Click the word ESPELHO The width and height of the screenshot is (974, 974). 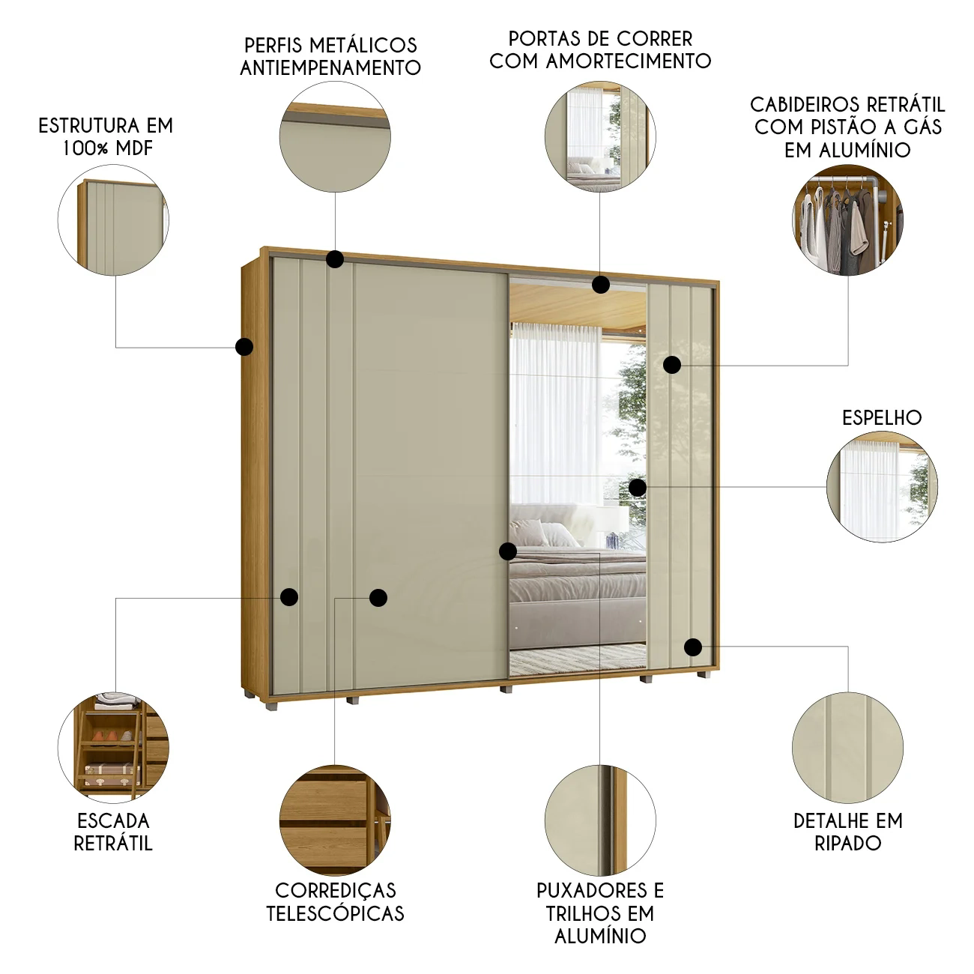882,418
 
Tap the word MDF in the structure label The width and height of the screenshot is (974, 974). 134,148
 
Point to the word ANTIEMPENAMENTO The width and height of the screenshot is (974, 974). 330,67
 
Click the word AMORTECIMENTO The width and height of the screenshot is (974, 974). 629,61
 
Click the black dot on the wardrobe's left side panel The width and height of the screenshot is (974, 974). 244,347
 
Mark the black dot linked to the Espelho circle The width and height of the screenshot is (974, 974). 637,488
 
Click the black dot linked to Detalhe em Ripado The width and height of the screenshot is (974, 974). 693,647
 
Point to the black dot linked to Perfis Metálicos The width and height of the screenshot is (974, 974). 335,259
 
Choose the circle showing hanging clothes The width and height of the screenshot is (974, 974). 847,220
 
